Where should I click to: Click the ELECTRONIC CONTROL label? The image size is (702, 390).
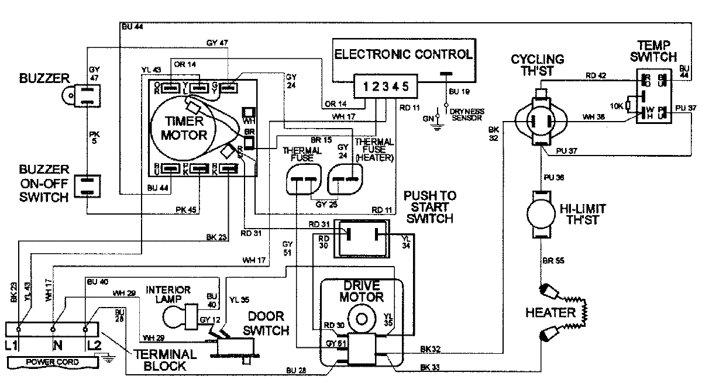pyautogui.click(x=403, y=55)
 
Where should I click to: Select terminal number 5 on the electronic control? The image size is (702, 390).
pyautogui.click(x=405, y=87)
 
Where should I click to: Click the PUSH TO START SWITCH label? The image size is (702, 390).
pyautogui.click(x=430, y=207)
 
